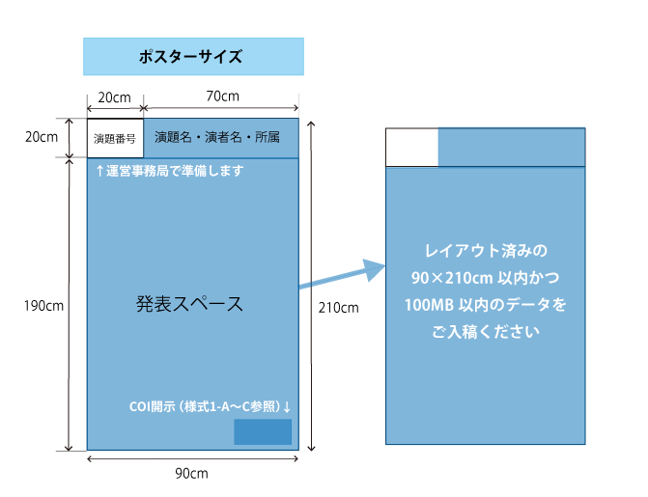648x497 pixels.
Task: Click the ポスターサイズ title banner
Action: (x=193, y=57)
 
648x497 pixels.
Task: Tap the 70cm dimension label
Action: (x=223, y=97)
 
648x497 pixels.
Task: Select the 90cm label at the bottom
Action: (x=191, y=474)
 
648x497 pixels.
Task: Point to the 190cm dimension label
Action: (x=43, y=306)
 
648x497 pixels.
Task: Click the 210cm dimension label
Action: (x=338, y=308)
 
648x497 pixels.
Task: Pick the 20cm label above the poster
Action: (x=115, y=97)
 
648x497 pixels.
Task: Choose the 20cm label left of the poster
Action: (x=42, y=137)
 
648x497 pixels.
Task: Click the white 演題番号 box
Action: (x=115, y=138)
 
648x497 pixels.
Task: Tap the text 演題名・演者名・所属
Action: (x=217, y=137)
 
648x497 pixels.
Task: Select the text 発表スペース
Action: (x=189, y=304)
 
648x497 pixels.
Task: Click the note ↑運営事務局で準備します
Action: (x=169, y=171)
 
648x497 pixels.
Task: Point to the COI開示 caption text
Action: (x=211, y=407)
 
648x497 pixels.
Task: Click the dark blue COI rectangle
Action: (x=263, y=431)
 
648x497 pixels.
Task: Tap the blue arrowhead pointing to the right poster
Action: (x=374, y=270)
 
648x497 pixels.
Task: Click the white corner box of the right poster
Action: (x=412, y=148)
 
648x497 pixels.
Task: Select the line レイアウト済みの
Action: (x=486, y=251)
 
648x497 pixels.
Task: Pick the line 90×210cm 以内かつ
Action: (x=485, y=278)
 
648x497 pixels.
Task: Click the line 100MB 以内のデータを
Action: (x=485, y=305)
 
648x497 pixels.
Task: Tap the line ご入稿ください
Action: (x=486, y=332)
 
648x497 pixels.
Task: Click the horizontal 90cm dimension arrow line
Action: (x=192, y=458)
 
